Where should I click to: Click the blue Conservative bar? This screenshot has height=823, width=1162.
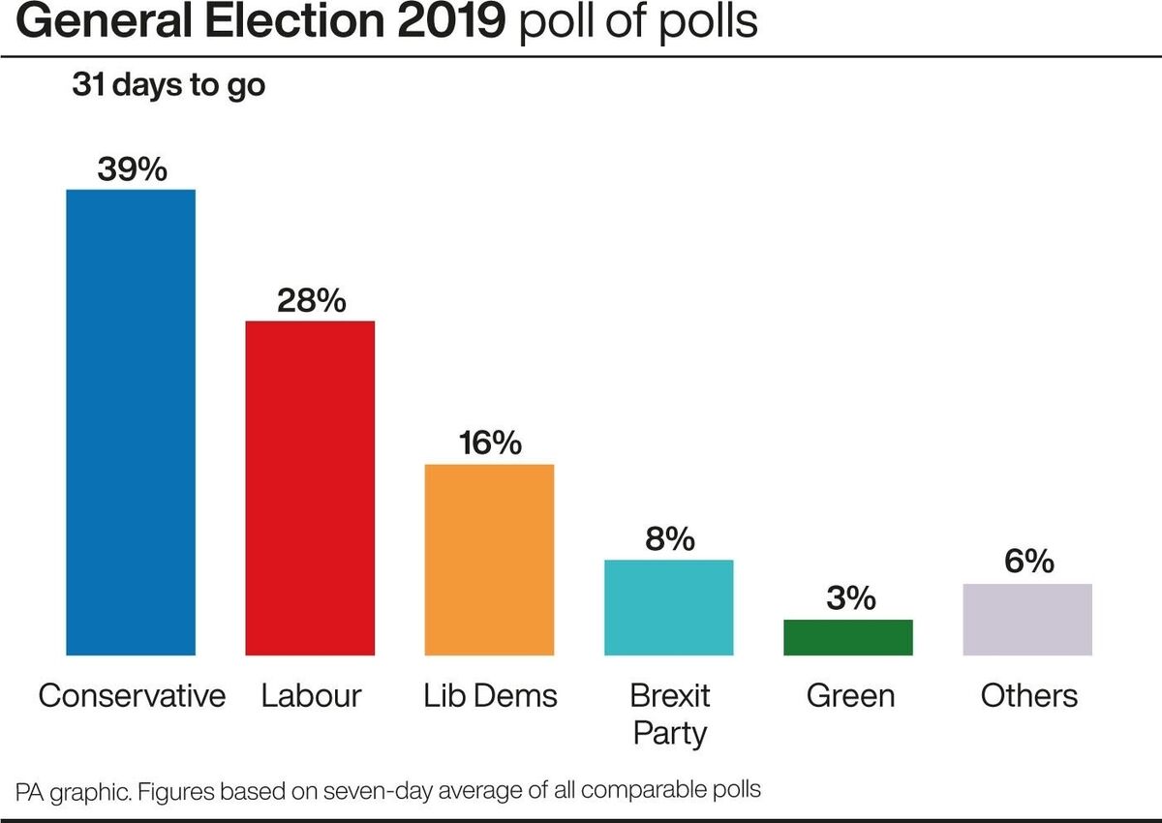pos(131,422)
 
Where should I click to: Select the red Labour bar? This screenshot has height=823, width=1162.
pos(310,488)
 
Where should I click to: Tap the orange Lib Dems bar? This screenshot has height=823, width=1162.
pos(490,560)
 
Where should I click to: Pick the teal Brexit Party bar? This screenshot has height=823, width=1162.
pos(669,607)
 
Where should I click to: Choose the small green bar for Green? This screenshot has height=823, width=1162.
pos(848,637)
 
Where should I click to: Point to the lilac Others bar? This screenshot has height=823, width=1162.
pos(1027,620)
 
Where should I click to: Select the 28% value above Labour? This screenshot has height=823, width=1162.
pos(311,301)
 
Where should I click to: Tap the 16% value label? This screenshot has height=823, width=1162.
pos(490,443)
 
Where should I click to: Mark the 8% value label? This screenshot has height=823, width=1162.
pos(669,539)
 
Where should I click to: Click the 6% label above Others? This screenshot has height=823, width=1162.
pos(1027,563)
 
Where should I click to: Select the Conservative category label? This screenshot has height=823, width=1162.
pos(132,695)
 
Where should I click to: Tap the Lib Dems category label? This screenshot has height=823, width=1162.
pos(490,695)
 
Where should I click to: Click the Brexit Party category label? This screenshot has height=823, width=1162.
pos(670,714)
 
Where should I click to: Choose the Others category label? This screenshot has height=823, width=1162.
pos(1028,695)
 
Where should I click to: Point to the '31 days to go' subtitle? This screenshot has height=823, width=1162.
pos(168,85)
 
